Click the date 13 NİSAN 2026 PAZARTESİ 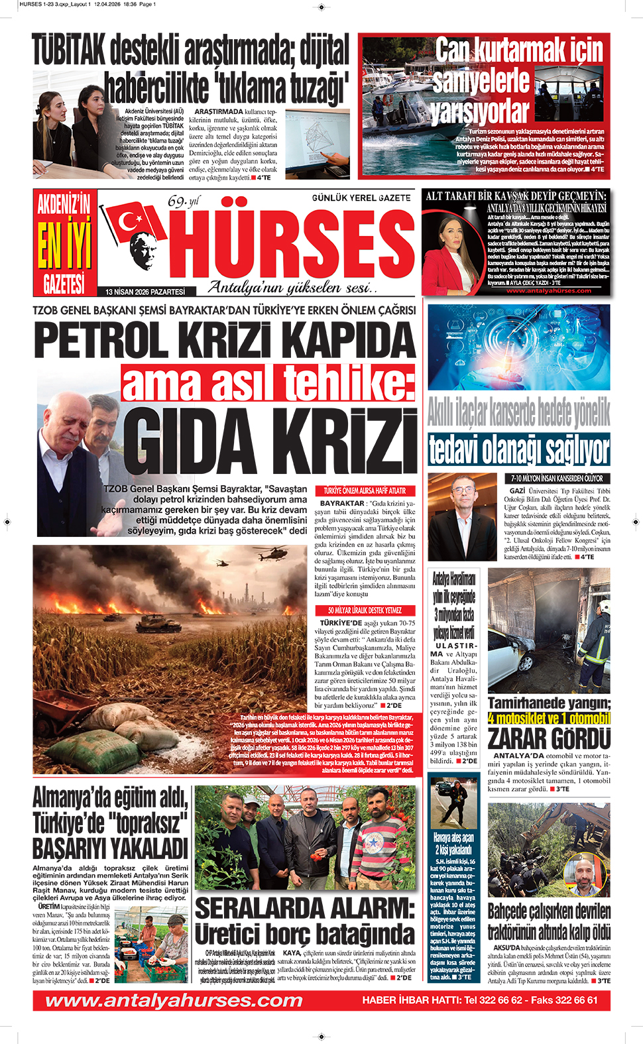click(145, 292)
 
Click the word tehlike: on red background click(349, 383)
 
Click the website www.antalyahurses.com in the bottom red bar click(174, 1000)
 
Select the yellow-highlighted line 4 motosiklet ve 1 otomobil click(549, 719)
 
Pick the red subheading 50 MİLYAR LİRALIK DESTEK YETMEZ click(365, 610)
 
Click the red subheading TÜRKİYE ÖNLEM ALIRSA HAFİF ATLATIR click(365, 491)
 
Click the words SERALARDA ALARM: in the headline click(304, 907)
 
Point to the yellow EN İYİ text click(64, 245)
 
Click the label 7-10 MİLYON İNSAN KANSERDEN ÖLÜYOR click(557, 478)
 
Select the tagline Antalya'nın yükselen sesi click(292, 288)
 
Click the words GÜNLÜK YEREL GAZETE click(361, 198)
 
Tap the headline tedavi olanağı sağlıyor click(518, 450)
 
